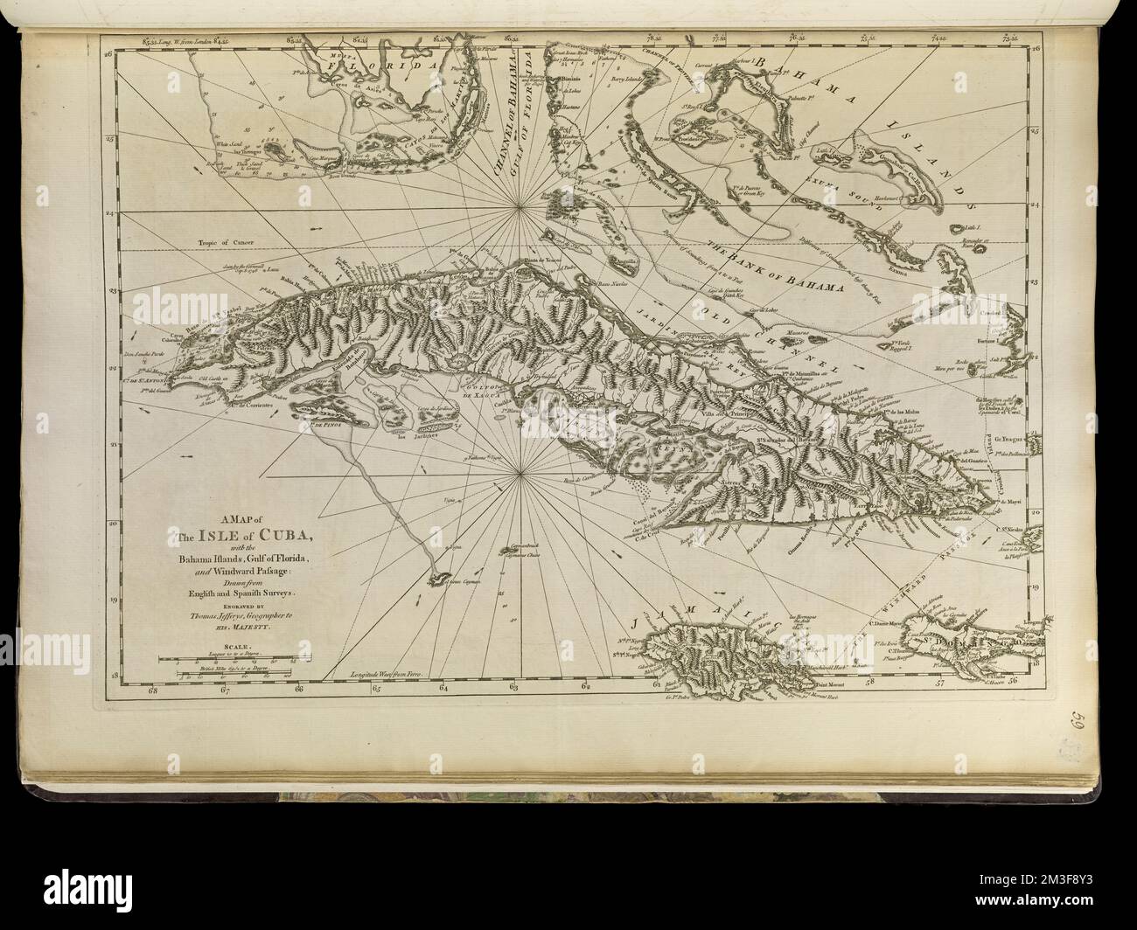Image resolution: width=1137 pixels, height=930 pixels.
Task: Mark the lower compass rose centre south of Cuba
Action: click(x=522, y=475)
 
